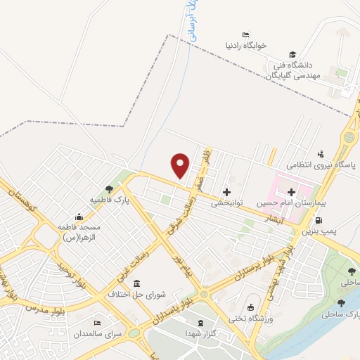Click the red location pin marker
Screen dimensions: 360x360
[x=180, y=164]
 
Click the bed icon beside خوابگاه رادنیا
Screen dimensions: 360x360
[x=245, y=34]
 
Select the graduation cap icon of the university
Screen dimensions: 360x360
[x=291, y=54]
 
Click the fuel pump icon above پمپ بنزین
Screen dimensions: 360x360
[x=340, y=220]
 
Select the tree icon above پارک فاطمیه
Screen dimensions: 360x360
[x=108, y=188]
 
